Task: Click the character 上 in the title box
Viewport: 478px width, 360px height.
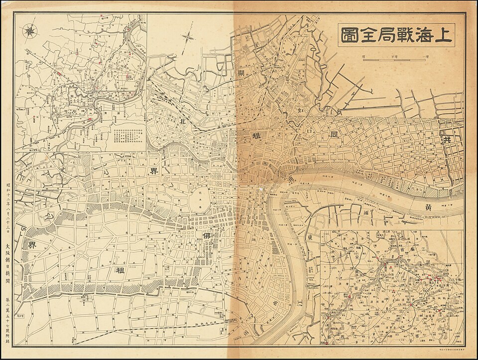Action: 444,35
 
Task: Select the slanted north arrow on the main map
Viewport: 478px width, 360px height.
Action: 189,37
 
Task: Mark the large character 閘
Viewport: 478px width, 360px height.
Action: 241,75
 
